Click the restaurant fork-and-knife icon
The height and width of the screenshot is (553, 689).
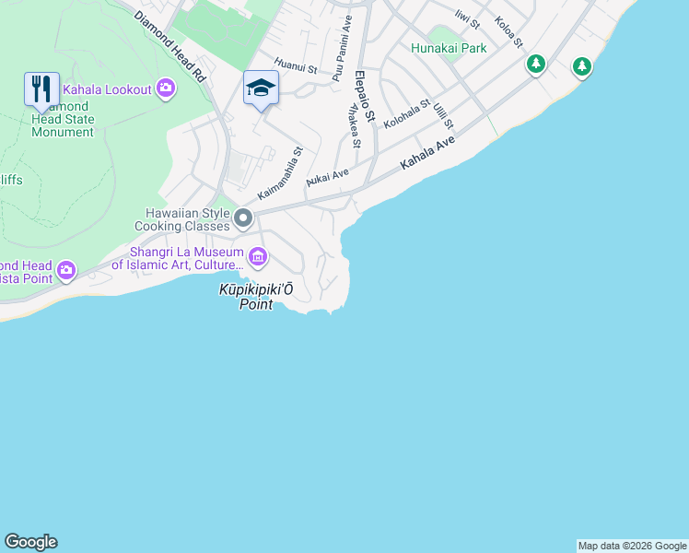point(41,89)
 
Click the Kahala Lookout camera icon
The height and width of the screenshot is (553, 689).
point(166,88)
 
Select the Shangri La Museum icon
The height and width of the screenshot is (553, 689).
point(258,255)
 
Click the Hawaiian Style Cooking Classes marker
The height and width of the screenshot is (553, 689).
point(243,218)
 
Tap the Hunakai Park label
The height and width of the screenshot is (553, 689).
point(449,48)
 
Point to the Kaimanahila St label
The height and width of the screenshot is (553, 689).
point(280,173)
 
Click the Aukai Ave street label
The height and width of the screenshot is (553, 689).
point(327,175)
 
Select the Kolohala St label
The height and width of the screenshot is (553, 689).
point(406,114)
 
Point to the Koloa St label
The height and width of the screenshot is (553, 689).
point(508,32)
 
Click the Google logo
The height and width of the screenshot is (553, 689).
point(30,542)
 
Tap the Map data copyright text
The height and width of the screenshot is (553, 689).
point(632,546)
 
